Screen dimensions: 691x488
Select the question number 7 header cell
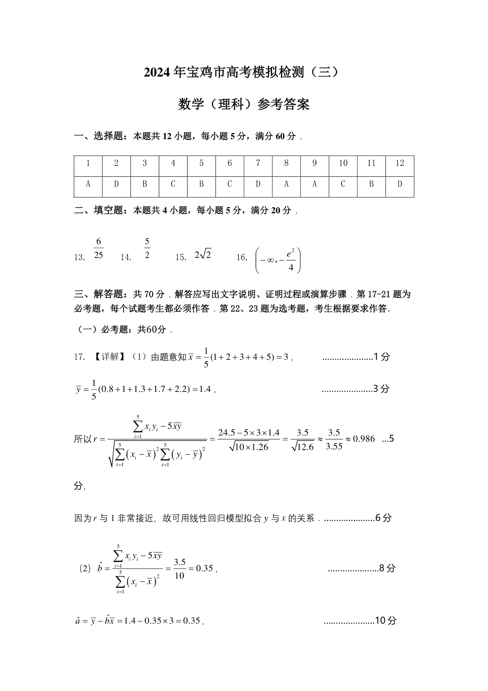(258, 163)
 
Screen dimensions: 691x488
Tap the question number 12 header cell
(400, 163)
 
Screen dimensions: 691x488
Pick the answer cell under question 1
(88, 184)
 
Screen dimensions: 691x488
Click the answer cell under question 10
(343, 184)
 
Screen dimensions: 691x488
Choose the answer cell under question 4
(173, 184)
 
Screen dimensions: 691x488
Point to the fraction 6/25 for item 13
(98, 249)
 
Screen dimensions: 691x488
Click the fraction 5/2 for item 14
(147, 249)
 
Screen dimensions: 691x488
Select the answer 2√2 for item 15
(203, 255)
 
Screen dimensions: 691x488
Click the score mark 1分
(381, 357)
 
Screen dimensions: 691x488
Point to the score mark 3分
(381, 389)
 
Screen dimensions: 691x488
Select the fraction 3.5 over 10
(179, 569)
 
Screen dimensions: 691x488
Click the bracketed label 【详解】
(109, 357)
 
